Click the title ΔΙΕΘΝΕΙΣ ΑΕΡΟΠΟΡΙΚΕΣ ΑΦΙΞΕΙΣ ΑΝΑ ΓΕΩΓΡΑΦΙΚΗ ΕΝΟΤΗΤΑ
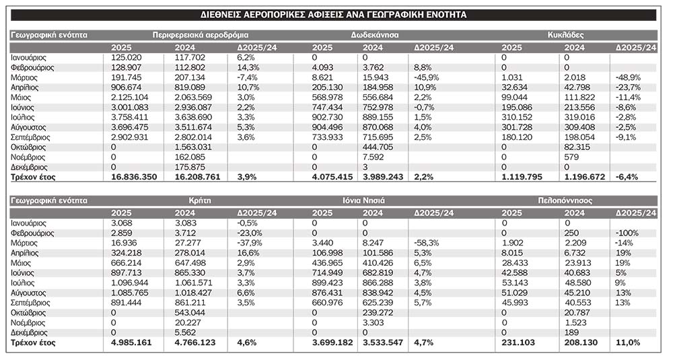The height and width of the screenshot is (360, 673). point(335,14)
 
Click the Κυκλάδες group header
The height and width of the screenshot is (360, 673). point(564,34)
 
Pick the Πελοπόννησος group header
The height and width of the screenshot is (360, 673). point(564,200)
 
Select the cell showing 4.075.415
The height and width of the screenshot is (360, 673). point(334,177)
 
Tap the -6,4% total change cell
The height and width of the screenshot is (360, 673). point(627,177)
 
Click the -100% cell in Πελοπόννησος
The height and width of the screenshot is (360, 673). point(627,233)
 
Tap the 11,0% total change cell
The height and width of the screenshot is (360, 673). point(627,343)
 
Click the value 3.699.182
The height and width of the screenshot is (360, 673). point(334,343)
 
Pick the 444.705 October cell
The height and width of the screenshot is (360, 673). point(378,147)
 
